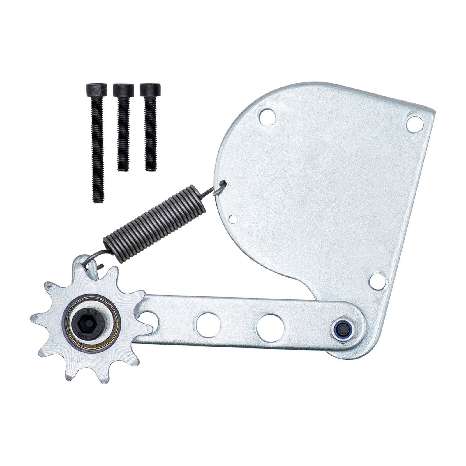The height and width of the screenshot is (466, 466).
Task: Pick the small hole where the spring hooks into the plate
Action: (x=224, y=184)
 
